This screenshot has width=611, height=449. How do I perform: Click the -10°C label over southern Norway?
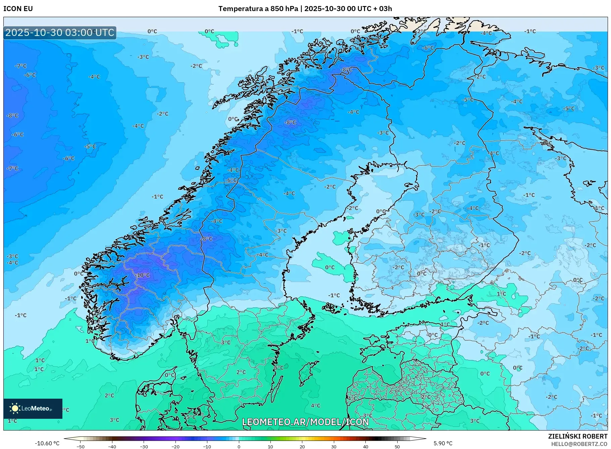pos(143,275)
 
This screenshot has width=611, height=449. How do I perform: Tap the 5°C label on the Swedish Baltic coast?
pos(278,367)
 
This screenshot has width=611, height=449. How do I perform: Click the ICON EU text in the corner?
pos(18,9)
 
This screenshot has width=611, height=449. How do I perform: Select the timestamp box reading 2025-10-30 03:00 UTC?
pos(60,33)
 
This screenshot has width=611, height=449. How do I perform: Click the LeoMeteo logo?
pos(33,408)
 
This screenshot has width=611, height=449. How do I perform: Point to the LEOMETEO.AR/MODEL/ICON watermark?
pos(305,422)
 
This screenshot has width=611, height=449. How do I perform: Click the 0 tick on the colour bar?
pos(239,446)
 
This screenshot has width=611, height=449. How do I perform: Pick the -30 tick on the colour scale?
pos(144,446)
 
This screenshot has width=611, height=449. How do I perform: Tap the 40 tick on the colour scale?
pos(365,446)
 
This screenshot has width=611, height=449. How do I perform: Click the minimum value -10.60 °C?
pos(47,443)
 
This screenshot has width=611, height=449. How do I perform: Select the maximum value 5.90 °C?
pos(443,443)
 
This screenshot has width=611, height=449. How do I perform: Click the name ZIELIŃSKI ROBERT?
pos(577,436)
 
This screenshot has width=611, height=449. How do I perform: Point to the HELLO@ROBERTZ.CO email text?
pos(579,444)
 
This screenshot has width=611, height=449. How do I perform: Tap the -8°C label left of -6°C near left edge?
pos(12,115)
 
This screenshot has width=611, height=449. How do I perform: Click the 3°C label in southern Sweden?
pos(225,342)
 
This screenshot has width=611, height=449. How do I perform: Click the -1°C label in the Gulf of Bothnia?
pos(334,295)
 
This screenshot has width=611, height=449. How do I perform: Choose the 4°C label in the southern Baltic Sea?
pos(315,405)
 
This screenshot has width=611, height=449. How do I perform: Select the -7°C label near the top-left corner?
pos(20,66)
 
